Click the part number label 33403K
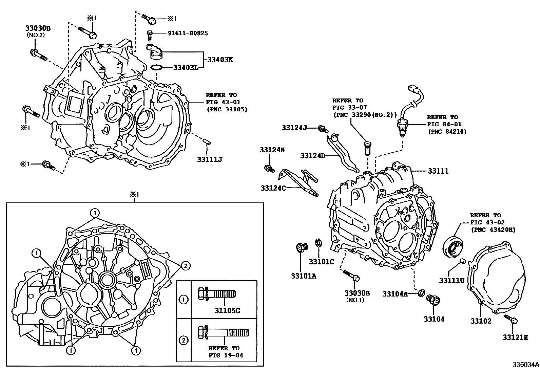(220, 60)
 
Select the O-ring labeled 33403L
(156, 67)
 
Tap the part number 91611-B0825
(188, 33)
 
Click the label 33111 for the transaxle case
(438, 171)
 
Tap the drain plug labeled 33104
(432, 299)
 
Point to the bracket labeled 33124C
(298, 183)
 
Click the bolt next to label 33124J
(323, 128)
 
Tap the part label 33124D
(312, 155)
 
